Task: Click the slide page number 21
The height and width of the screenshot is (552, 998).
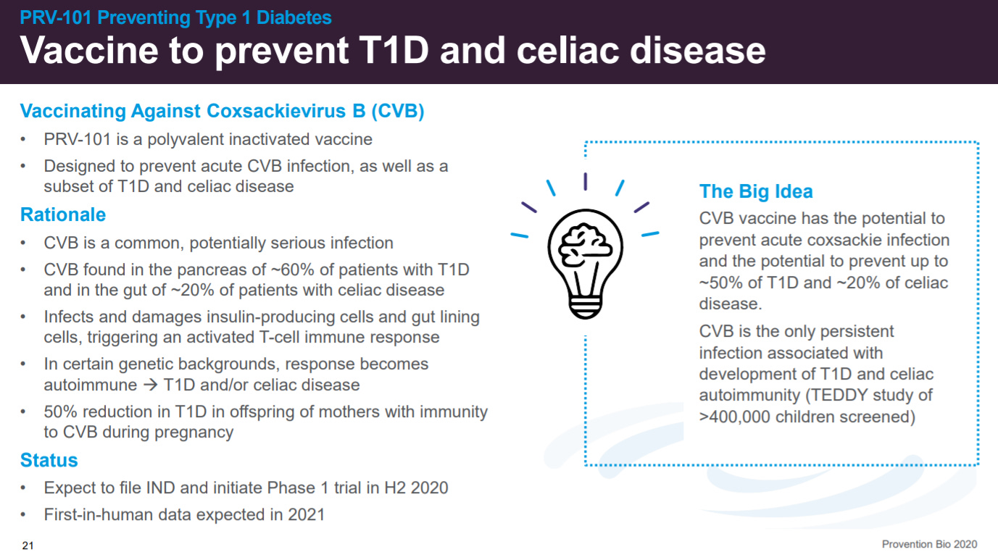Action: (x=28, y=545)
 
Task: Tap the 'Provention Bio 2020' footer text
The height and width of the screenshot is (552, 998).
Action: (x=929, y=544)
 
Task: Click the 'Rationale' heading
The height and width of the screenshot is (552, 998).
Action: (x=63, y=214)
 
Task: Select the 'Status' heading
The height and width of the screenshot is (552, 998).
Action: (x=49, y=460)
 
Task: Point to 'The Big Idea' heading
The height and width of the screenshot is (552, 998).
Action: (x=756, y=191)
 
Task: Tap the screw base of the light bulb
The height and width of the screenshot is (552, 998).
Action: (x=585, y=307)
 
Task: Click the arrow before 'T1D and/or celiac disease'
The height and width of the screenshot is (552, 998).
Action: (x=151, y=385)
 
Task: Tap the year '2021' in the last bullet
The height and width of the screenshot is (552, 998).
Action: (x=306, y=514)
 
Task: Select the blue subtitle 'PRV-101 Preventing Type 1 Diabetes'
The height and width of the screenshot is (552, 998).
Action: (x=175, y=18)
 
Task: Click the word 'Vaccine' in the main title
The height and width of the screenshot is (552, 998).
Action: (x=89, y=50)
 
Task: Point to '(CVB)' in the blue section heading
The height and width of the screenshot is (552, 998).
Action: (x=398, y=111)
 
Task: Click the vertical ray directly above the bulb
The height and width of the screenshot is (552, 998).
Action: (x=586, y=182)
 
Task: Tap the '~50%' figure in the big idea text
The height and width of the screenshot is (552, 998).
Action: (x=721, y=283)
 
